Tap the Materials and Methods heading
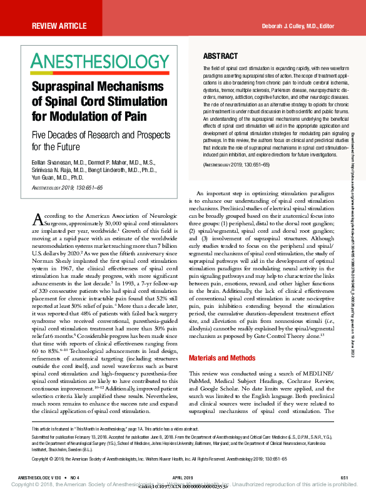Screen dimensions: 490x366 222,358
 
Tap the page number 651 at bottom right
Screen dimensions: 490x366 344,477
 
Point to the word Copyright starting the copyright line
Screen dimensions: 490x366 42,459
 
